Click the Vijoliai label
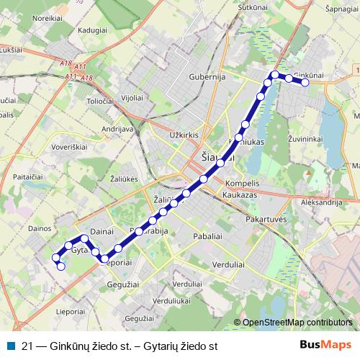[132, 96]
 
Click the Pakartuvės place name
[266, 218]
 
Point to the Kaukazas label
[240, 195]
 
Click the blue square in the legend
[10, 346]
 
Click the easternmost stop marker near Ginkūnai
[305, 83]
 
